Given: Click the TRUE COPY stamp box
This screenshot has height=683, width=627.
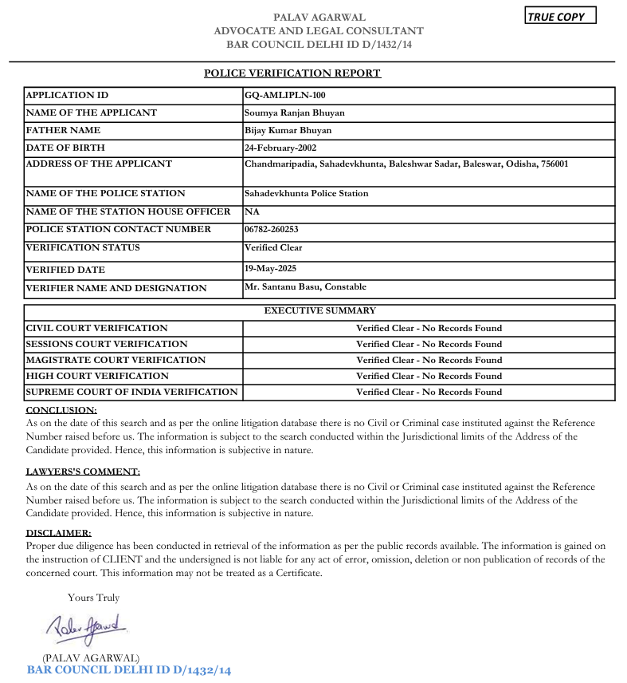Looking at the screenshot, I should [x=560, y=17].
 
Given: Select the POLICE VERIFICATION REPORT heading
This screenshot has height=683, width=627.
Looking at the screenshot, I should [x=292, y=73].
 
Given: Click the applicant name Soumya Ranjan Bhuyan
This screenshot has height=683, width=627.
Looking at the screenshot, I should [x=294, y=113].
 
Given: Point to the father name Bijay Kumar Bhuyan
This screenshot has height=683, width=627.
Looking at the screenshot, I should [x=288, y=130].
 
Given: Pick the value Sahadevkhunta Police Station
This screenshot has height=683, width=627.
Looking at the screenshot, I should [x=306, y=193].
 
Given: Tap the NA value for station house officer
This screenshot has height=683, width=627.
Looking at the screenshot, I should [x=252, y=211].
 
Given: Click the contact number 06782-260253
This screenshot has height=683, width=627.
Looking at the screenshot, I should [x=272, y=229].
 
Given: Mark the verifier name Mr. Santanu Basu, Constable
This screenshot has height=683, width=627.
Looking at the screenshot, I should [x=305, y=286].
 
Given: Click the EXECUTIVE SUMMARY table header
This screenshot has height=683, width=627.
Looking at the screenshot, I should [x=319, y=310].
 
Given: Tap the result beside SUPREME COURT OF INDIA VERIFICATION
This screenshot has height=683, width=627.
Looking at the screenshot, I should [x=429, y=392].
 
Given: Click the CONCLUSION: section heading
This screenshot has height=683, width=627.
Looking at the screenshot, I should [x=61, y=409].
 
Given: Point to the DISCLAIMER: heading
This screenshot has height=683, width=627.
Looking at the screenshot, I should [x=58, y=532].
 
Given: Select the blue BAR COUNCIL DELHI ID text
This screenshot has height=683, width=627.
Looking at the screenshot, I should [x=129, y=670].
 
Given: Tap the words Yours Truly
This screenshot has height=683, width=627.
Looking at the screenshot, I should [x=93, y=597].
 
